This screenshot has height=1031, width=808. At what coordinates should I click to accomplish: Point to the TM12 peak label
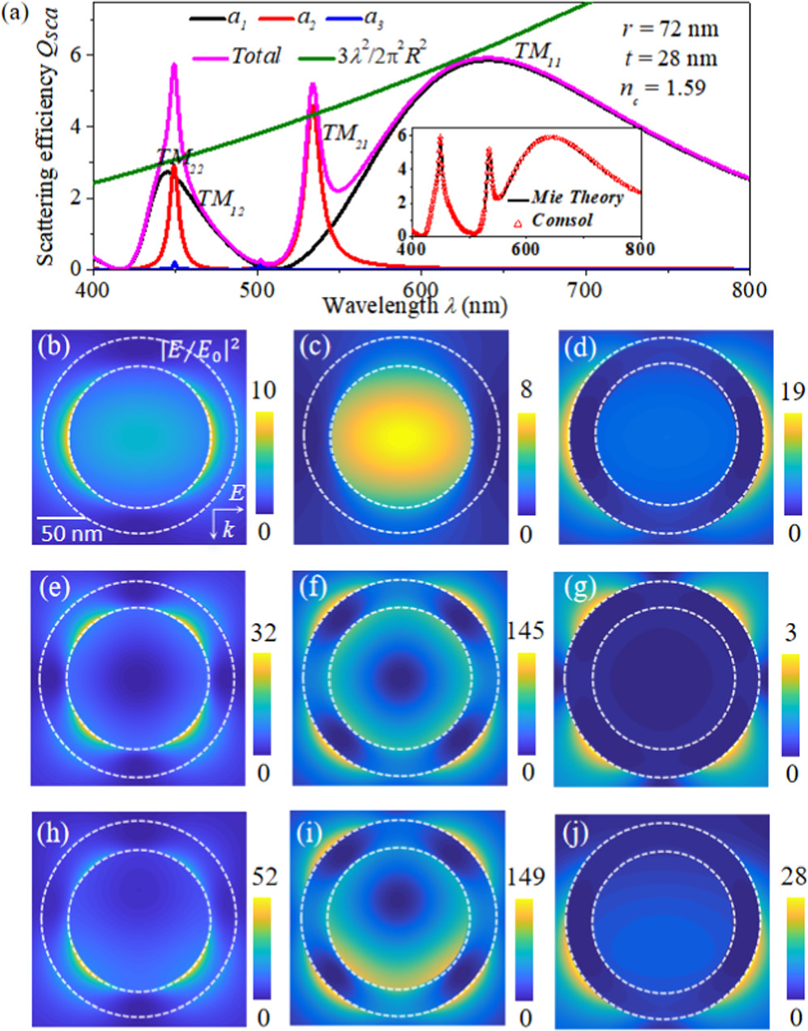point(221,199)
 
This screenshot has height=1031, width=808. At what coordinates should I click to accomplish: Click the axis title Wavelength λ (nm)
point(416,306)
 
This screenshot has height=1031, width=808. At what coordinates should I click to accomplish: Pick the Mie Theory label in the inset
point(577,197)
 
